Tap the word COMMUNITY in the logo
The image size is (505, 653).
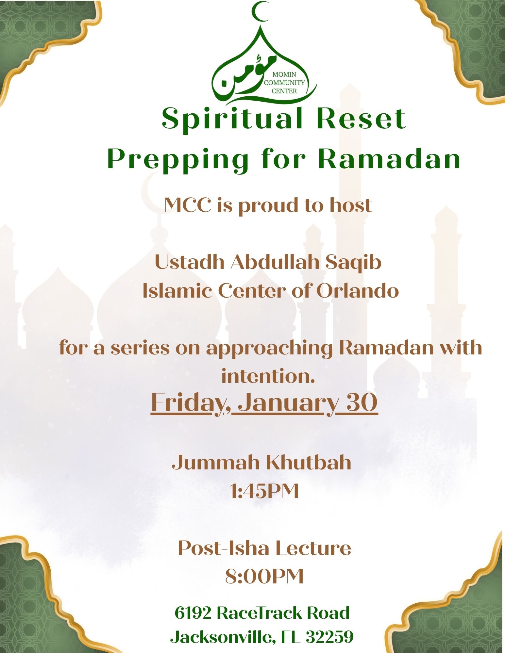(284, 83)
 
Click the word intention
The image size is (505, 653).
(268, 376)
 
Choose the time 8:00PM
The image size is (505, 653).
(264, 577)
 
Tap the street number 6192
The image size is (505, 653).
(193, 613)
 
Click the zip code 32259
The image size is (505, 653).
(329, 637)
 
